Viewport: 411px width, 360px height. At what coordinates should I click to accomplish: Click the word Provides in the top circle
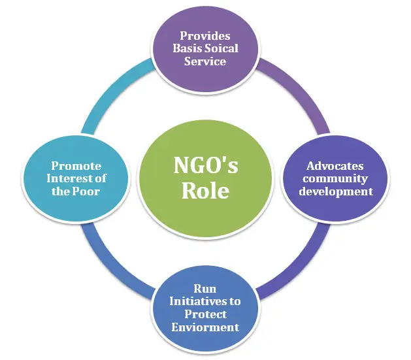(x=205, y=36)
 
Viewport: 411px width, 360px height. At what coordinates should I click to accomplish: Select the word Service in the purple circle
(x=205, y=61)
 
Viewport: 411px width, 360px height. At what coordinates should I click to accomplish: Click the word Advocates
(x=335, y=166)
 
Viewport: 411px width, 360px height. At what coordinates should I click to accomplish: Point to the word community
(x=335, y=179)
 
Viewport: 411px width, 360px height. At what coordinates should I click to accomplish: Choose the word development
(x=336, y=191)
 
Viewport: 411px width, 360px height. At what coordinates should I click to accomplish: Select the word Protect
(x=205, y=314)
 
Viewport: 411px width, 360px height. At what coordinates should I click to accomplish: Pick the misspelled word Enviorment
(x=205, y=327)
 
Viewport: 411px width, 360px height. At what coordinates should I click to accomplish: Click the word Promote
(x=76, y=166)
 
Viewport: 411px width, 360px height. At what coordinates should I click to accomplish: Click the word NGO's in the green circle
(x=206, y=165)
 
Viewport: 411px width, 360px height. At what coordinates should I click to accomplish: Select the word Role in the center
(x=205, y=190)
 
